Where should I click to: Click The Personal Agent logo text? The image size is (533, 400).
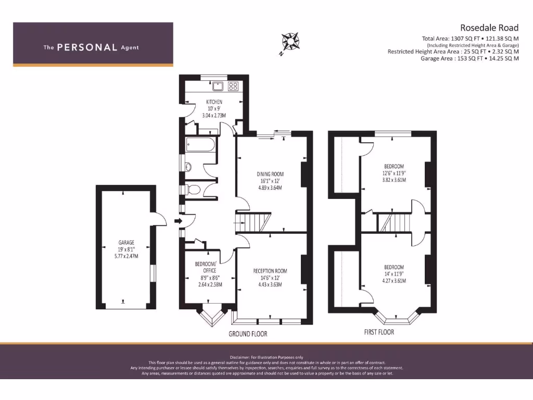(91, 47)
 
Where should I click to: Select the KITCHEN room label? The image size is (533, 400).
(214, 102)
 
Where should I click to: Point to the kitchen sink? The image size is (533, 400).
(218, 86)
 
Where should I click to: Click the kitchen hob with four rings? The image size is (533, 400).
(233, 86)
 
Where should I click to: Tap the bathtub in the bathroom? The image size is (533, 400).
(199, 145)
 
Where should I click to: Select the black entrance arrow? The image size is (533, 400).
(177, 221)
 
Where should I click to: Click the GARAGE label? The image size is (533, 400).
(126, 242)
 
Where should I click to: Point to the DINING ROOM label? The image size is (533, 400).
(270, 174)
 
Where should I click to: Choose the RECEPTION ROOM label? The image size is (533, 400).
(270, 271)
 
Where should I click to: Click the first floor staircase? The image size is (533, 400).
(393, 222)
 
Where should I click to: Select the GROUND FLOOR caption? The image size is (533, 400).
(248, 333)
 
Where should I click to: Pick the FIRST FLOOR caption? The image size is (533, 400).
(378, 332)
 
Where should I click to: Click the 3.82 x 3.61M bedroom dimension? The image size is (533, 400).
(394, 180)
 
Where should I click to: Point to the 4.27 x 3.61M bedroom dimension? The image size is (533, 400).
(394, 281)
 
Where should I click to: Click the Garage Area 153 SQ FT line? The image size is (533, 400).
(469, 59)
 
